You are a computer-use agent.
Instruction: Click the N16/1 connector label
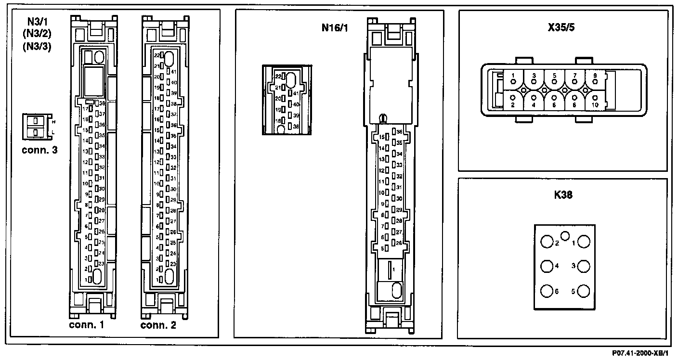(335, 27)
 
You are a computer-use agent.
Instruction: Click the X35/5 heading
(561, 27)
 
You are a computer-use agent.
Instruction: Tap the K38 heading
(563, 196)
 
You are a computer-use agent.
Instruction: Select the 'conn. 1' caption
(86, 325)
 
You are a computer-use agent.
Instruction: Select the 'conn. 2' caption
(158, 325)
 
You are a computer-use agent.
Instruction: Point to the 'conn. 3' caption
(40, 150)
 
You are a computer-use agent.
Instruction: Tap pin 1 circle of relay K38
(584, 242)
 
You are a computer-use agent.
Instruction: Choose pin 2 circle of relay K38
(547, 242)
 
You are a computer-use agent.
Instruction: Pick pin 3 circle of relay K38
(584, 266)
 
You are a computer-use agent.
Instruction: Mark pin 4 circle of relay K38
(547, 266)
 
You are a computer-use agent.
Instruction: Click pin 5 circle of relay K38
(584, 291)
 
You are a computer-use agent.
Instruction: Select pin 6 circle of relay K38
(547, 291)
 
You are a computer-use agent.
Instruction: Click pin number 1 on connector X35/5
(514, 76)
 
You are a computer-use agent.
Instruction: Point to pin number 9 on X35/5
(595, 76)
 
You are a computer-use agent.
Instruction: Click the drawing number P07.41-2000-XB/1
(640, 353)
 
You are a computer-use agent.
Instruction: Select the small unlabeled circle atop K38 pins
(566, 235)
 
